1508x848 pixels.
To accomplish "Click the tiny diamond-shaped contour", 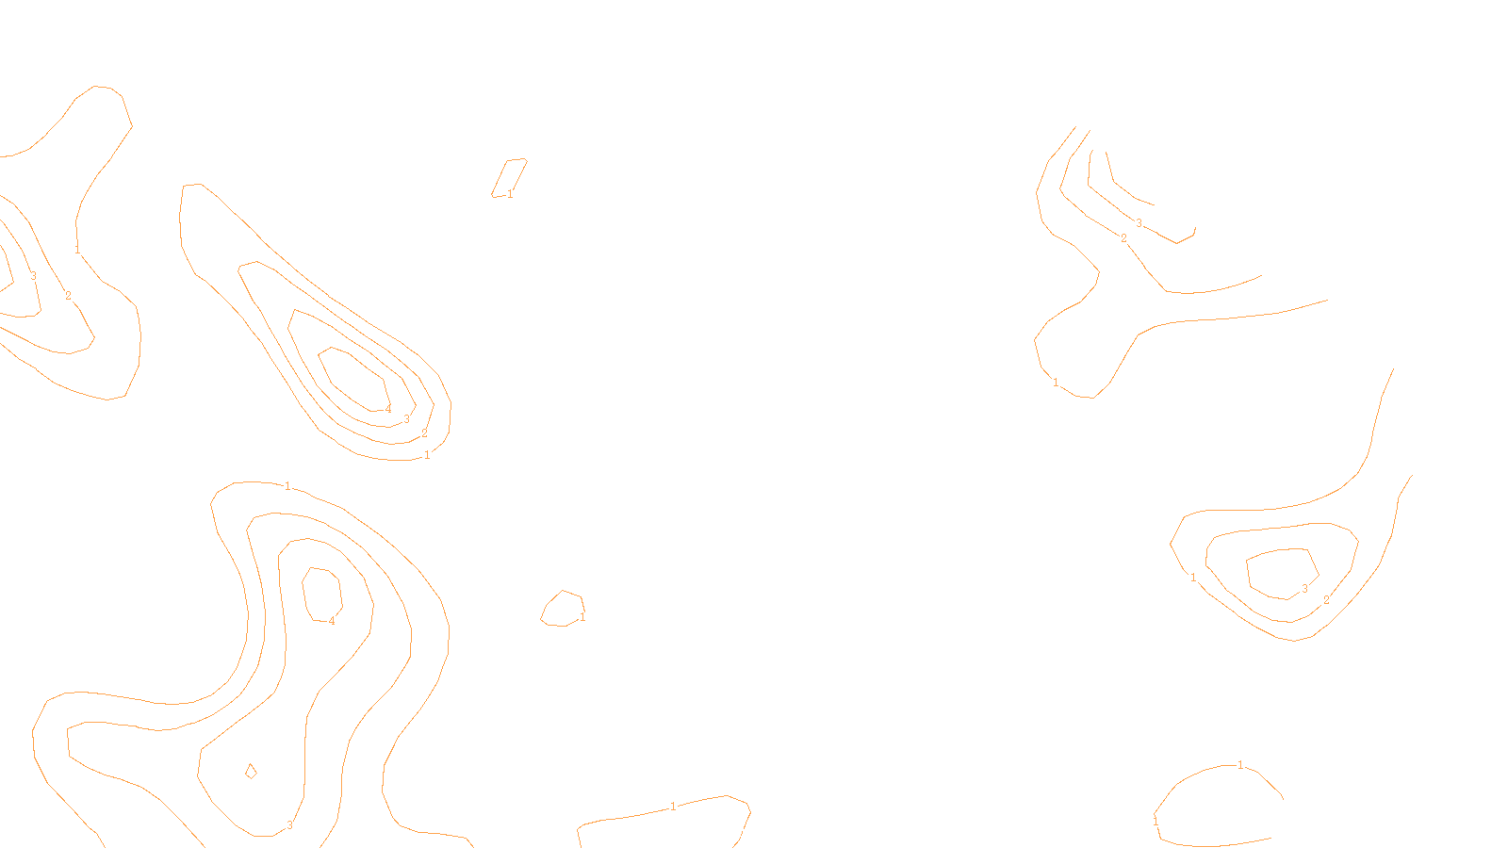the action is (251, 771).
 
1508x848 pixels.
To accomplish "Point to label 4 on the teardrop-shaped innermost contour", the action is (387, 409).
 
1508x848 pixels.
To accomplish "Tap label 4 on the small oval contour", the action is (332, 621).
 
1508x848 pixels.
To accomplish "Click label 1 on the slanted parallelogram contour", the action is (510, 194).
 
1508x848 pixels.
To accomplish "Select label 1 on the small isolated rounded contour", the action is (582, 617).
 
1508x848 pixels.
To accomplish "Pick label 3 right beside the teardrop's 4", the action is (406, 419).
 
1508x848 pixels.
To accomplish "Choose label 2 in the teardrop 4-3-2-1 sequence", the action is (424, 433).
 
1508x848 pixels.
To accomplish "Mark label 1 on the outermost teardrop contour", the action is (427, 455).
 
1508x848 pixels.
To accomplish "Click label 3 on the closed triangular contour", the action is (1304, 589).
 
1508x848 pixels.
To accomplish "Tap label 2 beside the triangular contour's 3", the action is (1326, 600).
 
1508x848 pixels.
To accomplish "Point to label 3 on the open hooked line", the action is (1139, 223).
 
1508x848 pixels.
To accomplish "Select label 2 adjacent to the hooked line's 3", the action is (1123, 238).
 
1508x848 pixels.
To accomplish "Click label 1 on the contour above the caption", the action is (673, 807).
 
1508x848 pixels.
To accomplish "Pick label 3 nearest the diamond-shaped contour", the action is (289, 825).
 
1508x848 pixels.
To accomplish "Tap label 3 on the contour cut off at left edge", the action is (33, 276).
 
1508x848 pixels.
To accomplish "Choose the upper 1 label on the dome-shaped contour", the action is (1240, 765).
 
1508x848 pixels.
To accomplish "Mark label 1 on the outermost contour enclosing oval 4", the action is (287, 486).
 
